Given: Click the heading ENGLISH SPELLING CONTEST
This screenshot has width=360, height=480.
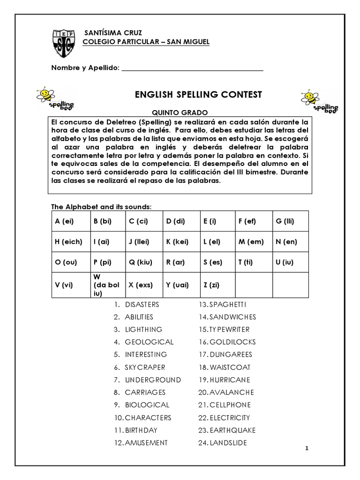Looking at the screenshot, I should [198, 95].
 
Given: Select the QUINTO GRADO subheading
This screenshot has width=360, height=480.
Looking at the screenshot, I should [178, 112].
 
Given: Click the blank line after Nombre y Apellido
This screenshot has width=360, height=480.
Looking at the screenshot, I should [192, 68].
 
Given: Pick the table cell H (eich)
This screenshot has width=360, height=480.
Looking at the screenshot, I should [68, 242].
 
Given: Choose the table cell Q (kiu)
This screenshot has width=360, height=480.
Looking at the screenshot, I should [143, 262].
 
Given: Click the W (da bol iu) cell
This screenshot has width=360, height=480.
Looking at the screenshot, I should [106, 285].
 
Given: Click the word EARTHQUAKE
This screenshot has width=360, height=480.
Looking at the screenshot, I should [227, 430].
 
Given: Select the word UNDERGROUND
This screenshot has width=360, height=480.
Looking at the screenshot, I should [153, 380].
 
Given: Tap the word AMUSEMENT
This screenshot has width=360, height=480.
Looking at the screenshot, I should [146, 443].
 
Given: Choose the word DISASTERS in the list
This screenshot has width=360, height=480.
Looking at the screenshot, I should [142, 304].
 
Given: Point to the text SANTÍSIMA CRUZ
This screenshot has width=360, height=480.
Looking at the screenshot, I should [109, 33].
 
